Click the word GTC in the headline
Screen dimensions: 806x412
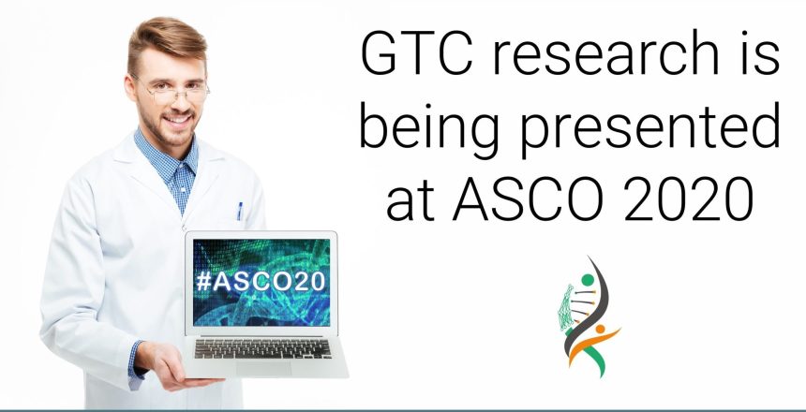417,53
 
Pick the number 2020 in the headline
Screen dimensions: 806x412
689,199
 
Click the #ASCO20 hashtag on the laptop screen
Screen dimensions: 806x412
261,281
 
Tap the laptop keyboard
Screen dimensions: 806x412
262,348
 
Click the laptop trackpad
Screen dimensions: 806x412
263,368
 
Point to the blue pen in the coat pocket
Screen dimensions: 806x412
240,211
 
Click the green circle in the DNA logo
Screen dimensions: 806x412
588,280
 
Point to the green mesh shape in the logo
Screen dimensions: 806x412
566,307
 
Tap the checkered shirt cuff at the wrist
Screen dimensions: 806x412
136,363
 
